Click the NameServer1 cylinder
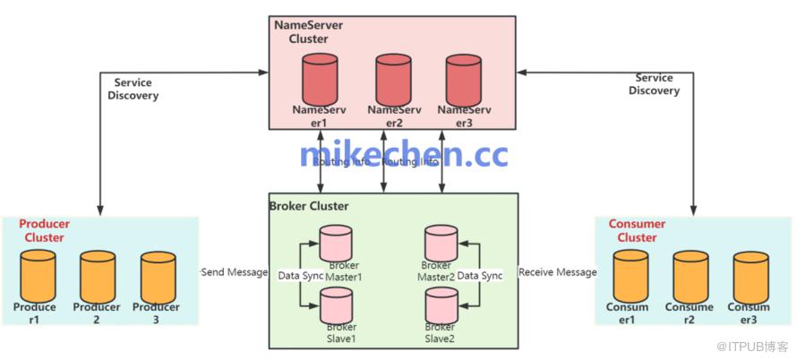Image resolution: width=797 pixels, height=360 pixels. (x=320, y=79)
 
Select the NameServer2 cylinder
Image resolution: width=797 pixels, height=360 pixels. (x=392, y=79)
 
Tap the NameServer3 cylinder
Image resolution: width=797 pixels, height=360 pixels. (x=462, y=79)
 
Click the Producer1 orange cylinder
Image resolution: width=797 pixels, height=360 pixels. (x=38, y=276)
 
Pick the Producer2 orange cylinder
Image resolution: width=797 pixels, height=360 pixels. (x=98, y=276)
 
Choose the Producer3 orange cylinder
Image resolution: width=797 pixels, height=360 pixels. (x=158, y=276)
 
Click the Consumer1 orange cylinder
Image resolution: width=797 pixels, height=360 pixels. (x=630, y=276)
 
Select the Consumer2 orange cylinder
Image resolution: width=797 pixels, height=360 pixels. (x=690, y=276)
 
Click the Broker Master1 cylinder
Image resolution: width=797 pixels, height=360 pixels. (x=336, y=243)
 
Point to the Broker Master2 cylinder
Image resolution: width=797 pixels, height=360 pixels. (x=440, y=243)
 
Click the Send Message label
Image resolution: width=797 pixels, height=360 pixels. (x=234, y=271)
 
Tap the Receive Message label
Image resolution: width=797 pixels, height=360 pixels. (x=557, y=271)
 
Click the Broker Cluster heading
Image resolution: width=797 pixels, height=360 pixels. (x=309, y=206)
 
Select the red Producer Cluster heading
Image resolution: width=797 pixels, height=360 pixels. (x=44, y=230)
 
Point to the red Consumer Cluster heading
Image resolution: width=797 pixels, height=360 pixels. (x=637, y=230)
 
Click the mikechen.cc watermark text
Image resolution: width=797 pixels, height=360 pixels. (x=403, y=155)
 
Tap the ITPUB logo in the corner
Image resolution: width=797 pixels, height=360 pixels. (x=761, y=345)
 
